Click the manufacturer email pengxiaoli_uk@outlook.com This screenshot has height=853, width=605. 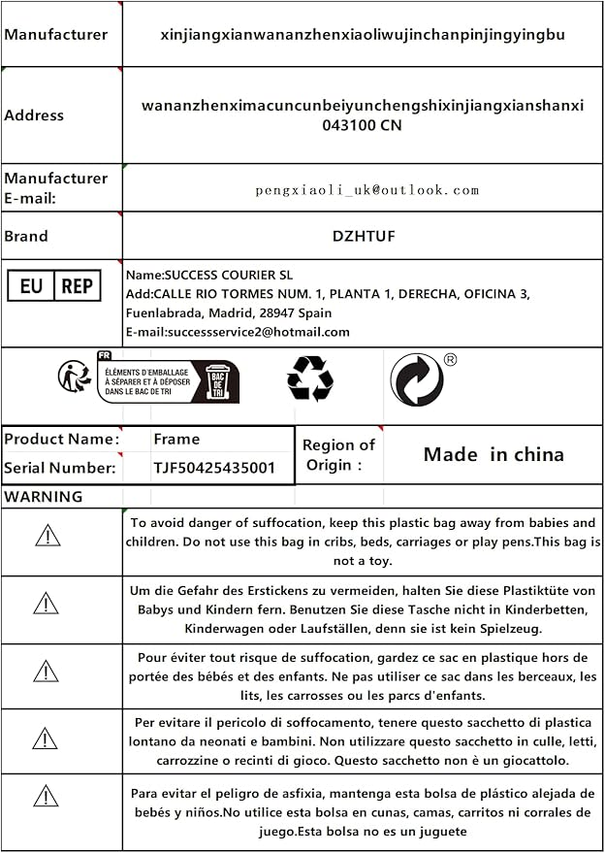tap(367, 190)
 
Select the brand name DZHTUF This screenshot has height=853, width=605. tap(364, 236)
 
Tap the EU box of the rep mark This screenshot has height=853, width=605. tap(31, 286)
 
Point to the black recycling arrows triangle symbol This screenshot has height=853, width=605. tap(310, 378)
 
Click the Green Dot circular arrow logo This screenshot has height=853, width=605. tap(417, 378)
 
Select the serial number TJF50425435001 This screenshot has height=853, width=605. tap(214, 468)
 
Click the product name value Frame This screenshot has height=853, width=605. tap(176, 439)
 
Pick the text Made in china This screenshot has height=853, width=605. tap(494, 454)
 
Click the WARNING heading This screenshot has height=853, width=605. tap(44, 497)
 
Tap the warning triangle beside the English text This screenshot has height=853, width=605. tap(46, 535)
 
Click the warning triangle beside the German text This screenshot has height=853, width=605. tap(46, 604)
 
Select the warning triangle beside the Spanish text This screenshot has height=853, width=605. tap(46, 797)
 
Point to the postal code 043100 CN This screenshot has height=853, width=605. tap(363, 125)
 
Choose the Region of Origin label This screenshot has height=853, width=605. tap(338, 454)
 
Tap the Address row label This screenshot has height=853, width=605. tap(34, 115)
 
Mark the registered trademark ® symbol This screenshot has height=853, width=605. tap(450, 359)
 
